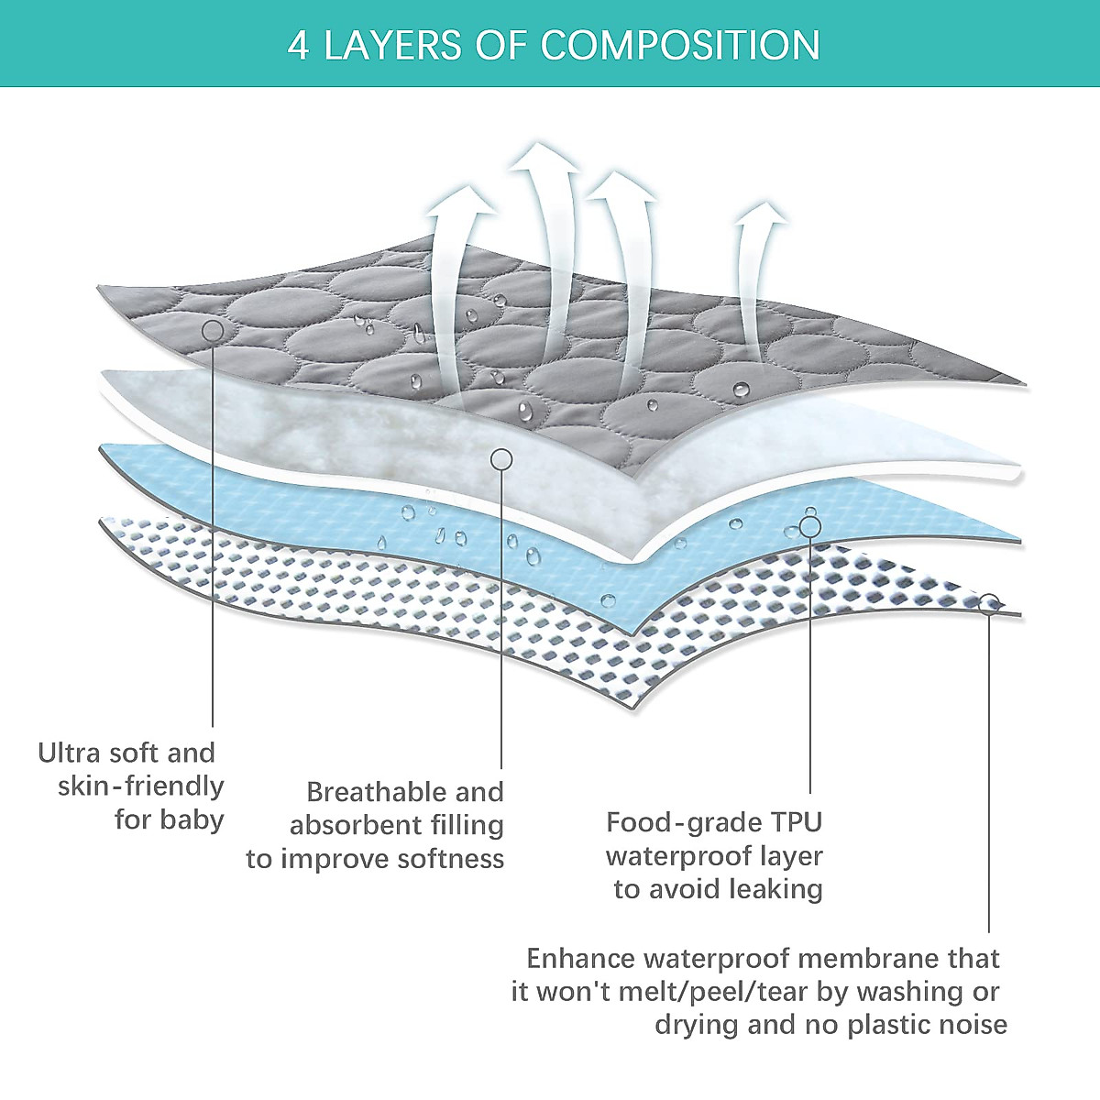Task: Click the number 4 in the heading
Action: tap(298, 45)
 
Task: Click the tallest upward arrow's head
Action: tap(544, 159)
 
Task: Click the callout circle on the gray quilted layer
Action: tap(212, 330)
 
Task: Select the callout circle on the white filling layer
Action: tap(501, 457)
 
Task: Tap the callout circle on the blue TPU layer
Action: tap(809, 525)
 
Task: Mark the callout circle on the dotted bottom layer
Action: tap(989, 603)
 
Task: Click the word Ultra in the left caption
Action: tap(70, 753)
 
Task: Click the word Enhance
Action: tap(580, 959)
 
